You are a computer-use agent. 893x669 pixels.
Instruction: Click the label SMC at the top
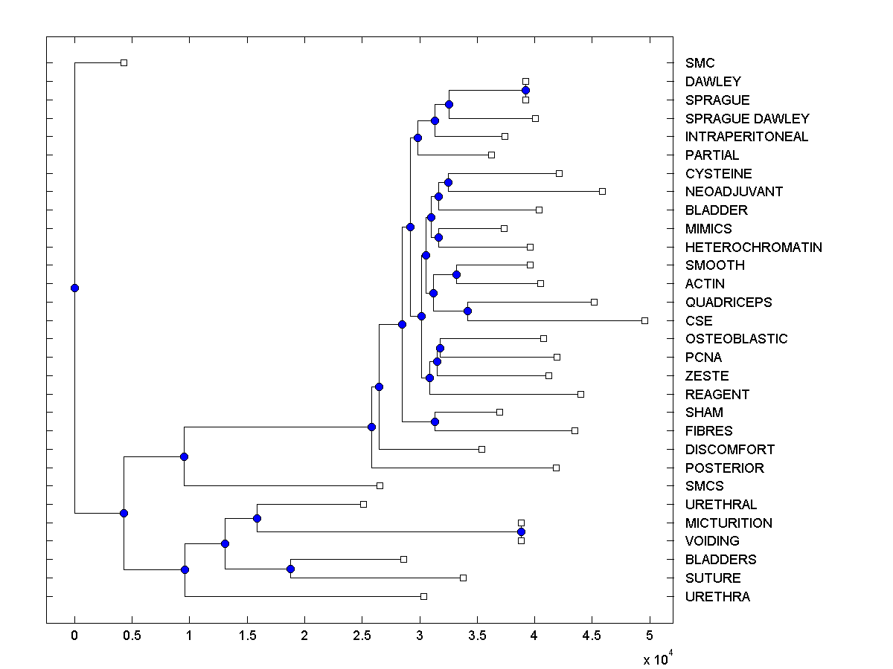tap(700, 63)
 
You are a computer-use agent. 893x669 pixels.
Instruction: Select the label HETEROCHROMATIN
tap(753, 247)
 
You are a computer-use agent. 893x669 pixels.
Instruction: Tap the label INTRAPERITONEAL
tap(746, 137)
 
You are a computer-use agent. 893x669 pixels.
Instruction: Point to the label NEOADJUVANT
tap(734, 192)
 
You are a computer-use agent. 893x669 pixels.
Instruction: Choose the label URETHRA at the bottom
tap(717, 597)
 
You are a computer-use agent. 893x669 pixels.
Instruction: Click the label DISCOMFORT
tap(729, 450)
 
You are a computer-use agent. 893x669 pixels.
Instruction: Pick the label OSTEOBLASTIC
tap(736, 339)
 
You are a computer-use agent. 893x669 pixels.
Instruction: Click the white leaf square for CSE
tap(644, 320)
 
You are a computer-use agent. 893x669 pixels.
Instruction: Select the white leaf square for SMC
tap(124, 62)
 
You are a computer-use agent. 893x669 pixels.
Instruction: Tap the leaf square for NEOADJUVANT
tap(602, 191)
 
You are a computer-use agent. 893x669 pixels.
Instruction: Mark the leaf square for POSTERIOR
tap(556, 468)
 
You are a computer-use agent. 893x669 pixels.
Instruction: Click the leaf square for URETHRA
tap(423, 596)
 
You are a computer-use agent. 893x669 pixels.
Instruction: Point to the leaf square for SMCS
tap(380, 485)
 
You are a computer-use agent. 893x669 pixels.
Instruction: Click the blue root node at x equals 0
tap(74, 288)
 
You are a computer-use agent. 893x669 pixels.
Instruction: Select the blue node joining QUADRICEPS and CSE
tap(467, 311)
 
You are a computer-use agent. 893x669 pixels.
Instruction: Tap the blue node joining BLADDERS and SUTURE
tap(290, 569)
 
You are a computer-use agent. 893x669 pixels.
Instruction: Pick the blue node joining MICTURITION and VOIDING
tap(521, 531)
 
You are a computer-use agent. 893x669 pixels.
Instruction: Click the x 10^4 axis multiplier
tap(657, 659)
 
